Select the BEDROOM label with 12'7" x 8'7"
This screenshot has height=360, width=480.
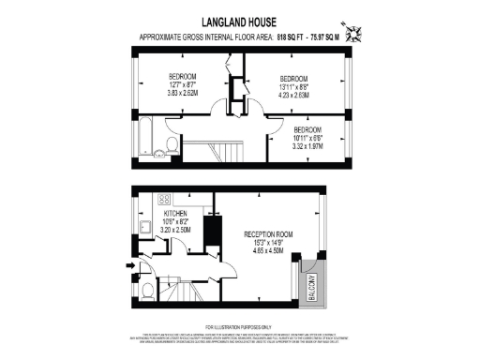pyautogui.click(x=182, y=75)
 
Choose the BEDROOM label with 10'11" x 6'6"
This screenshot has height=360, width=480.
pyautogui.click(x=307, y=129)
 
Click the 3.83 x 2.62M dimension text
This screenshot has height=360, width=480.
pyautogui.click(x=182, y=94)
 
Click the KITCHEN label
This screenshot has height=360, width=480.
pyautogui.click(x=150, y=214)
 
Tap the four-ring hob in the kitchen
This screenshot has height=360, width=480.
pyautogui.click(x=165, y=199)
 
